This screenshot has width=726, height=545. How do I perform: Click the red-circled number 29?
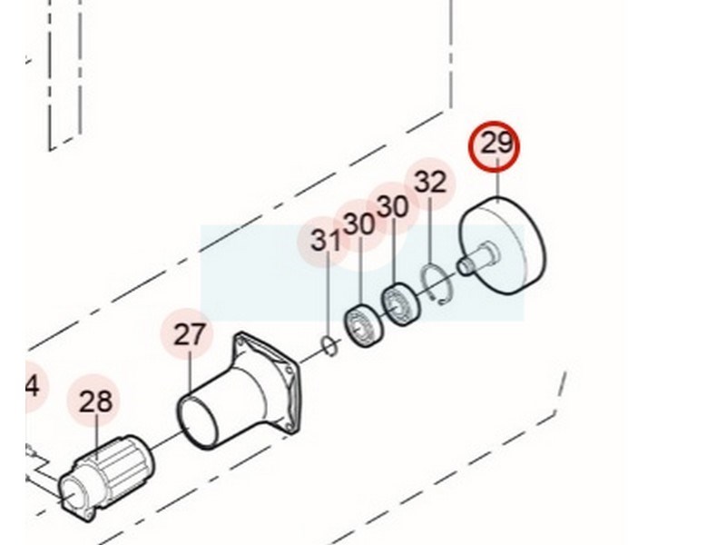[x=496, y=144]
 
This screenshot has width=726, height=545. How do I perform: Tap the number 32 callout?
[x=430, y=183]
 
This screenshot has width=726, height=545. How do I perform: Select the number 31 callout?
[x=326, y=241]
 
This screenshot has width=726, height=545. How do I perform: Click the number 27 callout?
[x=190, y=334]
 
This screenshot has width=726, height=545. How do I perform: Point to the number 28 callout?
[x=96, y=401]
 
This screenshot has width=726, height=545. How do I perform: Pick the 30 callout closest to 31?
[x=359, y=224]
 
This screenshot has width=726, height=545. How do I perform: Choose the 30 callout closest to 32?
[x=393, y=206]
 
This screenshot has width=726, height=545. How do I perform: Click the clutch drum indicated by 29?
[x=502, y=248]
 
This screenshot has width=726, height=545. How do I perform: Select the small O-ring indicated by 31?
[x=329, y=347]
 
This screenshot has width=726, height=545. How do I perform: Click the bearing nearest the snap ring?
[x=401, y=304]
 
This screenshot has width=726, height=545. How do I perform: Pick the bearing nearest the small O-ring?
[x=364, y=325]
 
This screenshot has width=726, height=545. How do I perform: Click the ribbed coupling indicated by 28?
[x=106, y=478]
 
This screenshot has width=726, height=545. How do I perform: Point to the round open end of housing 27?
[x=198, y=421]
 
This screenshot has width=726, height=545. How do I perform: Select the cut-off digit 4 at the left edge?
[x=33, y=386]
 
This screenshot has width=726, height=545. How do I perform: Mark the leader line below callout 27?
[x=191, y=370]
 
